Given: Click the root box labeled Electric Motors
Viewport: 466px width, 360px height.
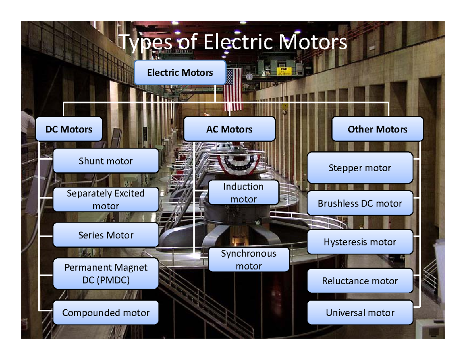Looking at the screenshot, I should [x=180, y=72].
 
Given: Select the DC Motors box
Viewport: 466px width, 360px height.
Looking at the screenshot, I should [x=69, y=129].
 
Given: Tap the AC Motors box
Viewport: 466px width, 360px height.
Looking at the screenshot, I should [x=229, y=129].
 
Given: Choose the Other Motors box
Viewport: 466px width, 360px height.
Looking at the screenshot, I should [x=377, y=129].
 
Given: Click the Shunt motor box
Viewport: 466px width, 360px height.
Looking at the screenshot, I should [x=106, y=161].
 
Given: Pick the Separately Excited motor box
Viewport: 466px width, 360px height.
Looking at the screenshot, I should [x=106, y=200].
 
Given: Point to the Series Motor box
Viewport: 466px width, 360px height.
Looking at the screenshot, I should [x=106, y=235].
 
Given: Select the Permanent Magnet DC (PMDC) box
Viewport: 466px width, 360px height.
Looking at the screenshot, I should [x=106, y=273].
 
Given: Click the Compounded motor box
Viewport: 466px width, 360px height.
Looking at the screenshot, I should [x=106, y=312].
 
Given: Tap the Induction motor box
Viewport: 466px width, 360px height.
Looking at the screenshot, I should [x=243, y=193].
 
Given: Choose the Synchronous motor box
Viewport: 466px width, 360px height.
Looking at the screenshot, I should [x=249, y=260].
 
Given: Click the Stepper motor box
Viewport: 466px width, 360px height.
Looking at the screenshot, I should [x=360, y=168].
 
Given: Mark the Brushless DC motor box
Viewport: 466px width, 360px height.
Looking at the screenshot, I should [x=360, y=203].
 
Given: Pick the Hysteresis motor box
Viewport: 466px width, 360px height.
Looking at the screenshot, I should [x=360, y=242].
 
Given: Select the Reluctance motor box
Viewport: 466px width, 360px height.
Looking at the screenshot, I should [x=360, y=281].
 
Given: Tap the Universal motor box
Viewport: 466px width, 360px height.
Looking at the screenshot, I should [x=360, y=312].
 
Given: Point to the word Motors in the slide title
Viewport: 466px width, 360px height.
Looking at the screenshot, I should [x=315, y=43].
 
